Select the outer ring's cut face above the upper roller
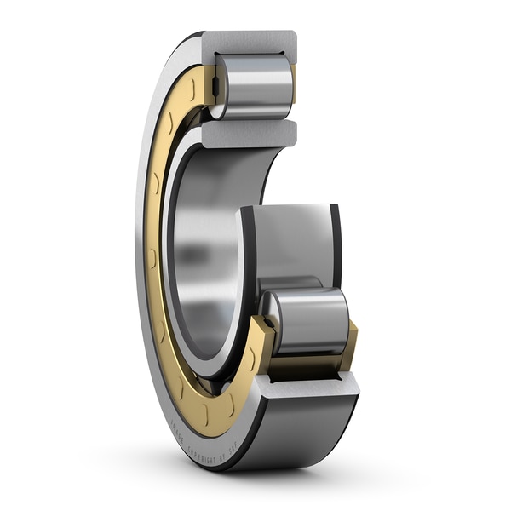click(x=249, y=41)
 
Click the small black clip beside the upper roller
click(x=215, y=84)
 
